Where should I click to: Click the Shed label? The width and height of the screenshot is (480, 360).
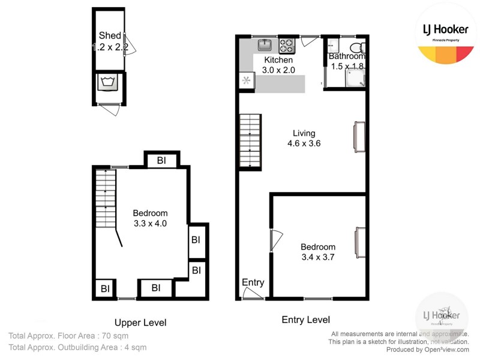tap(110, 35)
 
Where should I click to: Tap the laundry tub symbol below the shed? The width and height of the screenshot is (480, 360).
tap(109, 82)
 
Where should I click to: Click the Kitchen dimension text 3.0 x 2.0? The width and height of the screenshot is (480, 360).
tap(278, 70)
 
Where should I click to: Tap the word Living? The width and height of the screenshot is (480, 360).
tap(304, 133)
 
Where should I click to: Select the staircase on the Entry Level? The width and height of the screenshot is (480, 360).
tap(248, 142)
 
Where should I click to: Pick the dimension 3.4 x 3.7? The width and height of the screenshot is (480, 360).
tap(318, 257)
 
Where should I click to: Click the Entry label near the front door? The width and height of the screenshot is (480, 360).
tap(253, 283)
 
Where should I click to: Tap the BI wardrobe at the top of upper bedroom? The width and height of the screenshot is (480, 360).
tap(161, 161)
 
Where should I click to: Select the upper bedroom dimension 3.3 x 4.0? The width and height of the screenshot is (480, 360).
tap(149, 223)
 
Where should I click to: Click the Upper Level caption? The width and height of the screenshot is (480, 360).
tap(140, 322)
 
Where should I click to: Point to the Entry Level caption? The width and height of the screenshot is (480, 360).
tap(306, 320)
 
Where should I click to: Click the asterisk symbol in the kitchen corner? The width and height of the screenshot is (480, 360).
tap(245, 80)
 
